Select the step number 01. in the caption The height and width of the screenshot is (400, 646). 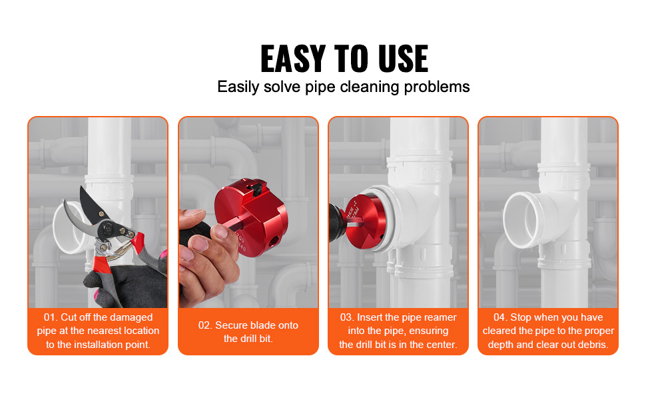tap(51, 317)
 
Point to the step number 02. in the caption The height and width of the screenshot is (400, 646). tap(206, 325)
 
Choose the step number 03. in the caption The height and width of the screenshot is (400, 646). tap(347, 317)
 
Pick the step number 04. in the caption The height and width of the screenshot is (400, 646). tap(501, 317)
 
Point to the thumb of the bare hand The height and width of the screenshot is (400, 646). tap(197, 219)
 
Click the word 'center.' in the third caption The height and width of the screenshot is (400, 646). tap(440, 345)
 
